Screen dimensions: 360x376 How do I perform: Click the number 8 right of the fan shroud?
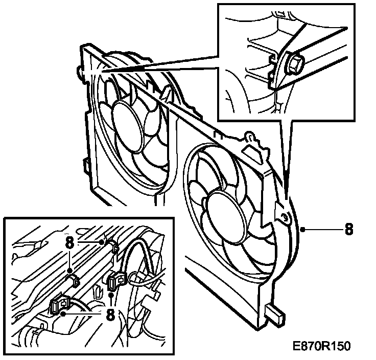pos(349,228)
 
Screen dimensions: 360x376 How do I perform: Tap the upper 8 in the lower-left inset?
pos(70,241)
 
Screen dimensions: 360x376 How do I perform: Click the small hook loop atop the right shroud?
pos(250,136)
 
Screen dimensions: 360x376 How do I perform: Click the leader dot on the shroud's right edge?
pos(303,229)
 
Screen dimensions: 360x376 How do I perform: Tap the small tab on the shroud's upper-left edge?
pos(80,69)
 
